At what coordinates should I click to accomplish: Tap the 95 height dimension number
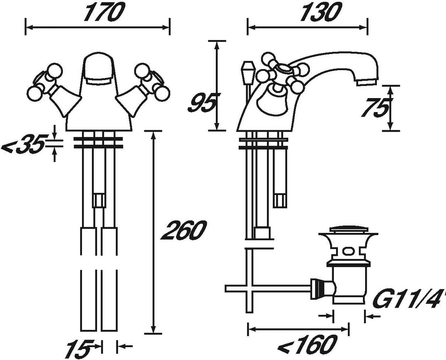point(202,103)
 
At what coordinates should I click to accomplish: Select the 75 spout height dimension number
point(374,108)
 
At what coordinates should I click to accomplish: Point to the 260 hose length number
point(183,230)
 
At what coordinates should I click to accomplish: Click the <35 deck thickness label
point(23,144)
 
